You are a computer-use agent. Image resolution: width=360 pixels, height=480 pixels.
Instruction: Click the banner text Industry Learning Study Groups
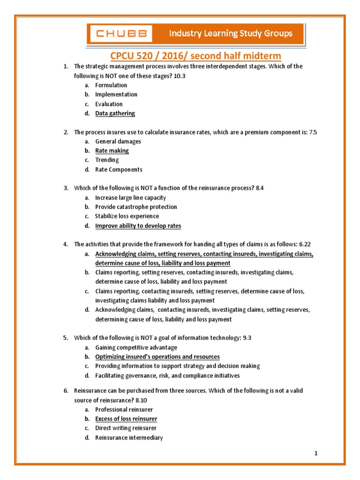(x=231, y=33)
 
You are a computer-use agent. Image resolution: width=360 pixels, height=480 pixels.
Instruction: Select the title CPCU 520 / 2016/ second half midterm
(x=195, y=56)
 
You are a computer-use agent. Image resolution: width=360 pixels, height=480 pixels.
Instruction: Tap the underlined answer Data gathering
(x=115, y=113)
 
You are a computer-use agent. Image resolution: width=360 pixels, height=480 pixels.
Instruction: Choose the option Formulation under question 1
(x=111, y=85)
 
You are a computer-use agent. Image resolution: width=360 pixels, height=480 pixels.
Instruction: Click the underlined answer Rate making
(x=112, y=151)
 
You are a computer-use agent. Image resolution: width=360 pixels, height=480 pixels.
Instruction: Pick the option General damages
(x=118, y=142)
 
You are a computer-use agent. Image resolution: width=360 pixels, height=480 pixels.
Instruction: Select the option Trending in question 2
(x=107, y=160)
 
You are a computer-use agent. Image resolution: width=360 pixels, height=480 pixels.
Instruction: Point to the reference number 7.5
(x=313, y=132)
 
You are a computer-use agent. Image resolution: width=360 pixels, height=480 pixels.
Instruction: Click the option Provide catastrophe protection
(x=136, y=207)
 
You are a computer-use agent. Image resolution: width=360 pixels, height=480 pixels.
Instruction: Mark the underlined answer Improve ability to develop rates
(x=138, y=226)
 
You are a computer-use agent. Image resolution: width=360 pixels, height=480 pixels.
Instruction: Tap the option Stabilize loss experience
(x=127, y=217)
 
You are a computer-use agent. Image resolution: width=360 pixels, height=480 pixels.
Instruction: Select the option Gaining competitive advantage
(x=136, y=348)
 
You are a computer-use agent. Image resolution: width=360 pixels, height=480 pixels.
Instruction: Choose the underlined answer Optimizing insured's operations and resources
(x=157, y=357)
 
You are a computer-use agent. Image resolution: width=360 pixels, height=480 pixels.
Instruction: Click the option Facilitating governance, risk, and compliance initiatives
(x=167, y=376)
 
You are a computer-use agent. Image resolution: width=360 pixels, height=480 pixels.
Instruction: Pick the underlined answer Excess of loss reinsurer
(x=126, y=419)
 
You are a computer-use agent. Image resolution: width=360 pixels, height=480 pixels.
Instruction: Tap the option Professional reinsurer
(x=124, y=410)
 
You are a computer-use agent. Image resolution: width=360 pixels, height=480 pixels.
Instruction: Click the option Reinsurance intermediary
(x=129, y=438)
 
